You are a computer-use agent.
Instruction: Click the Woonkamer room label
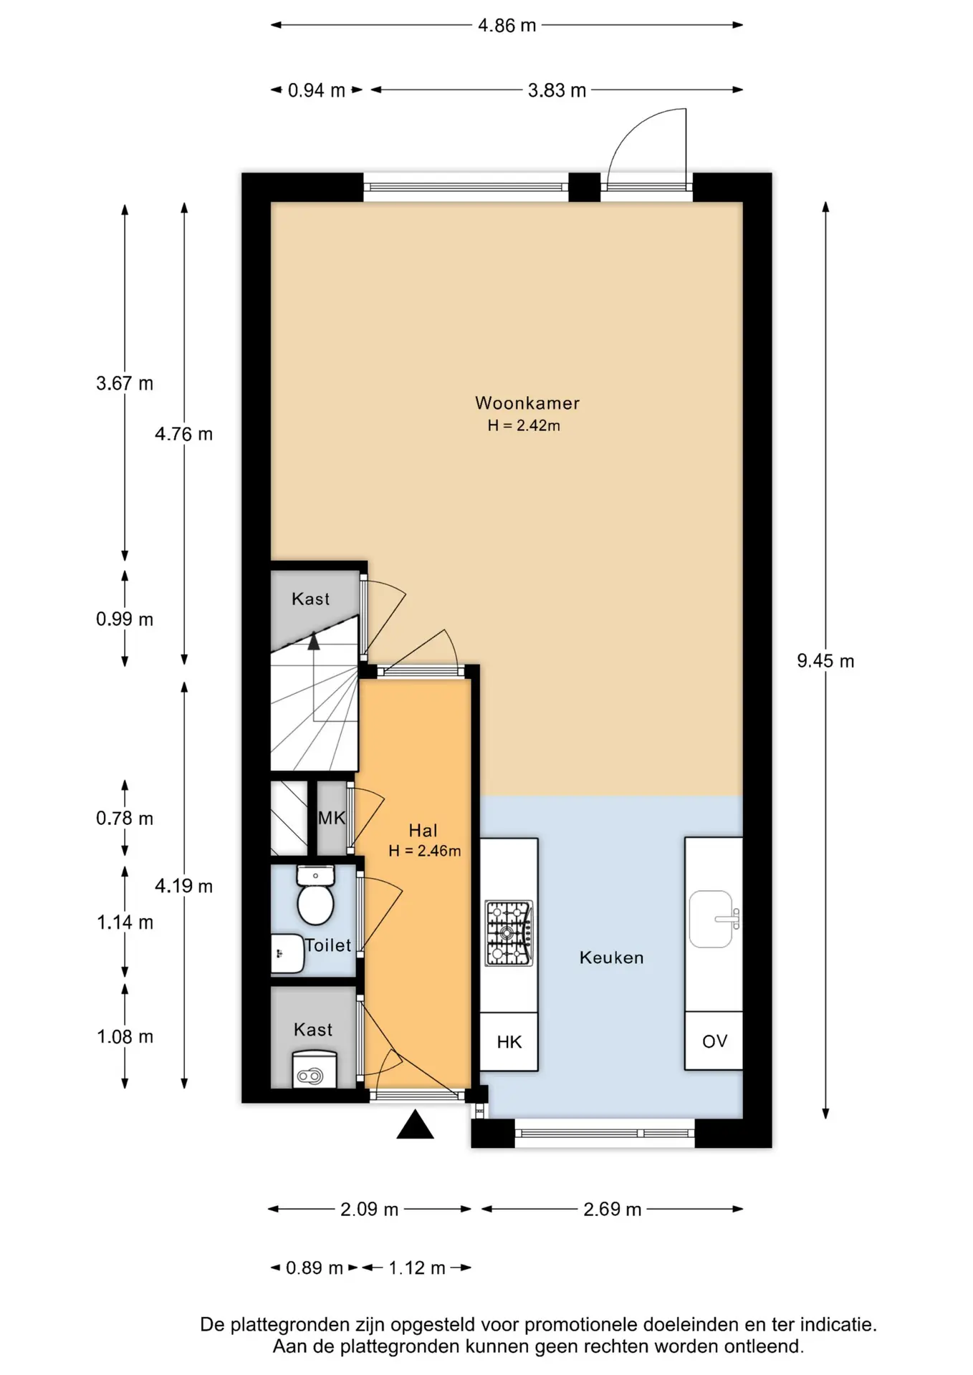pyautogui.click(x=527, y=403)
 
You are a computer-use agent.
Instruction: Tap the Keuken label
pyautogui.click(x=611, y=957)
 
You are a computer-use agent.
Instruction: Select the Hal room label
pyautogui.click(x=423, y=831)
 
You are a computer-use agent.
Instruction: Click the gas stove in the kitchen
pyautogui.click(x=509, y=933)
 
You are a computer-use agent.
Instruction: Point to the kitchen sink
pyautogui.click(x=713, y=919)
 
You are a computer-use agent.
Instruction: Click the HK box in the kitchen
pyautogui.click(x=509, y=1042)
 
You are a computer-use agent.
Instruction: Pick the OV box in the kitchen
pyautogui.click(x=714, y=1041)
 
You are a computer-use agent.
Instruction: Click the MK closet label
pyautogui.click(x=332, y=818)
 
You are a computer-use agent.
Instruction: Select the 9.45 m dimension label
pyautogui.click(x=825, y=661)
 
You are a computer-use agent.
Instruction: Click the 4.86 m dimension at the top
pyautogui.click(x=507, y=26)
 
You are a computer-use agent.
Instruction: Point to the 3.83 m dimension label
pyautogui.click(x=557, y=91)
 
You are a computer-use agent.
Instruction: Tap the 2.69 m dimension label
pyautogui.click(x=612, y=1210)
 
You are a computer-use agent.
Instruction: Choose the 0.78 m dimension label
pyautogui.click(x=125, y=819)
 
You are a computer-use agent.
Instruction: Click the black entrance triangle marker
pyautogui.click(x=415, y=1124)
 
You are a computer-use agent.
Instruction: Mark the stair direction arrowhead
pyautogui.click(x=314, y=640)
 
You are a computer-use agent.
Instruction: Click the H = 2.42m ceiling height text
pyautogui.click(x=524, y=425)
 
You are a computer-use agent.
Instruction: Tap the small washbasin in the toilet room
pyautogui.click(x=287, y=954)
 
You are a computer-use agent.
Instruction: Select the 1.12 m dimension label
pyautogui.click(x=417, y=1268)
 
